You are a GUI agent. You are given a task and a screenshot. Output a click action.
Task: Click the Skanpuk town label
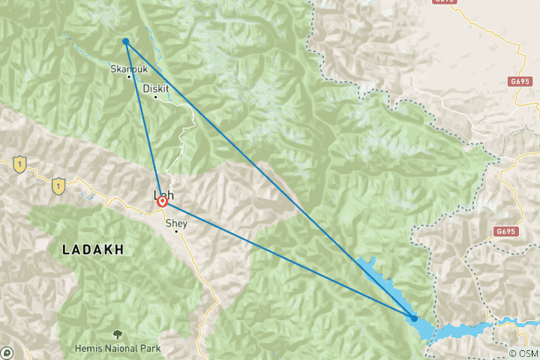tap(125, 68)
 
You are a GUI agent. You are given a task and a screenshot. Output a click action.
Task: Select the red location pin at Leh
tap(162, 201)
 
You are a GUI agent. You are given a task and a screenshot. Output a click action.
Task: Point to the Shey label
tap(175, 223)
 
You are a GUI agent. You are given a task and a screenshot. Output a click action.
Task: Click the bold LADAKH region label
tap(92, 248)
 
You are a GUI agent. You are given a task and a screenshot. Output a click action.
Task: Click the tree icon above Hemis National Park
tap(117, 334)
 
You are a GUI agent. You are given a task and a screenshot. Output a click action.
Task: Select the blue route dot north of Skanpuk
tap(126, 41)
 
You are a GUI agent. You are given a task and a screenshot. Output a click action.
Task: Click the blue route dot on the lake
tap(414, 318)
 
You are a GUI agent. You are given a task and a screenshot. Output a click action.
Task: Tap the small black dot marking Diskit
tap(155, 97)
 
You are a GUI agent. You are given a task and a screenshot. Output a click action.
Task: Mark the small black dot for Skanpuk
tap(129, 76)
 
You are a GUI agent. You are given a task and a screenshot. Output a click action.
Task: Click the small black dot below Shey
tap(176, 231)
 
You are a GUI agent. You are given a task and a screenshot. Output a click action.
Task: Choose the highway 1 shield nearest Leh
tap(58, 184)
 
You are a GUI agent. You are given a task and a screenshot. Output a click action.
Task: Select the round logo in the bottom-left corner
tap(6, 352)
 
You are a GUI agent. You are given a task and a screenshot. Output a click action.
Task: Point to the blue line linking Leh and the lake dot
tap(289, 259)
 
